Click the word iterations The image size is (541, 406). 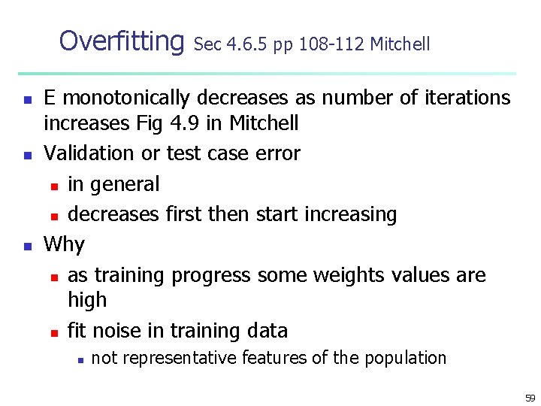pos(464,98)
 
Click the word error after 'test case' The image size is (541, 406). pos(277,153)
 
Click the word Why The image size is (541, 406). pos(64,245)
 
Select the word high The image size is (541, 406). pos(87,300)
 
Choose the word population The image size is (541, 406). pos(405,358)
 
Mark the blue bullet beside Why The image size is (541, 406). pos(27,246)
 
